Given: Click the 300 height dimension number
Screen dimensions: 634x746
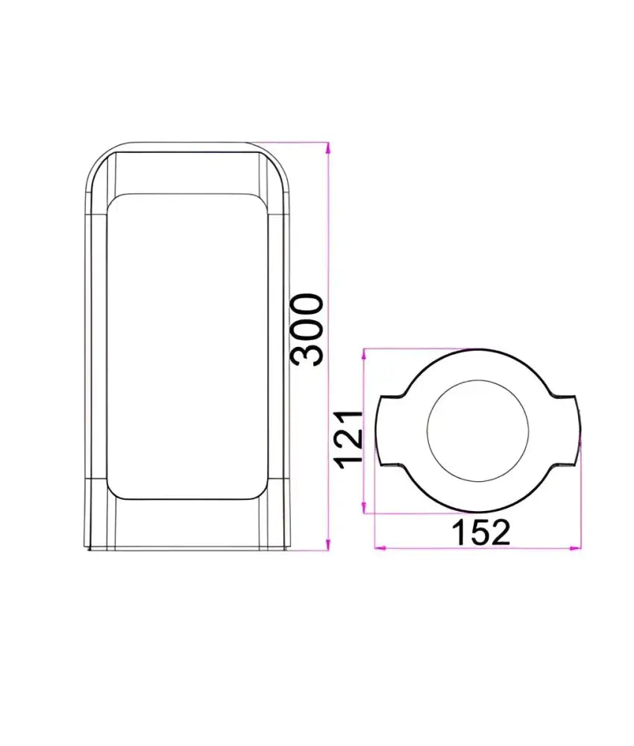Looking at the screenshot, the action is point(308,329).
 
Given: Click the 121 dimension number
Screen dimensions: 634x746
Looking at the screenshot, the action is point(348,439).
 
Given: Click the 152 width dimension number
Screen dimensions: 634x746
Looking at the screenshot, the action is point(481,533).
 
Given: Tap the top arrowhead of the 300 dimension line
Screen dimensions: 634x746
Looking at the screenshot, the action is point(327,148).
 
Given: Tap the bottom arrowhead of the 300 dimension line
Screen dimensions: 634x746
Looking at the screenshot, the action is point(327,545).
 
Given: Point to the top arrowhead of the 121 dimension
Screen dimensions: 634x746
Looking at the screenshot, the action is point(364,355).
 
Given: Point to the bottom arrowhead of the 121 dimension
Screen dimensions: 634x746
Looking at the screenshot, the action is point(364,507).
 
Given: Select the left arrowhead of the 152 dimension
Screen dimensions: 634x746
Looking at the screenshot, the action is point(381,548).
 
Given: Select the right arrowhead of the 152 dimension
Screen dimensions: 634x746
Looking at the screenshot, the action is point(576,548).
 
